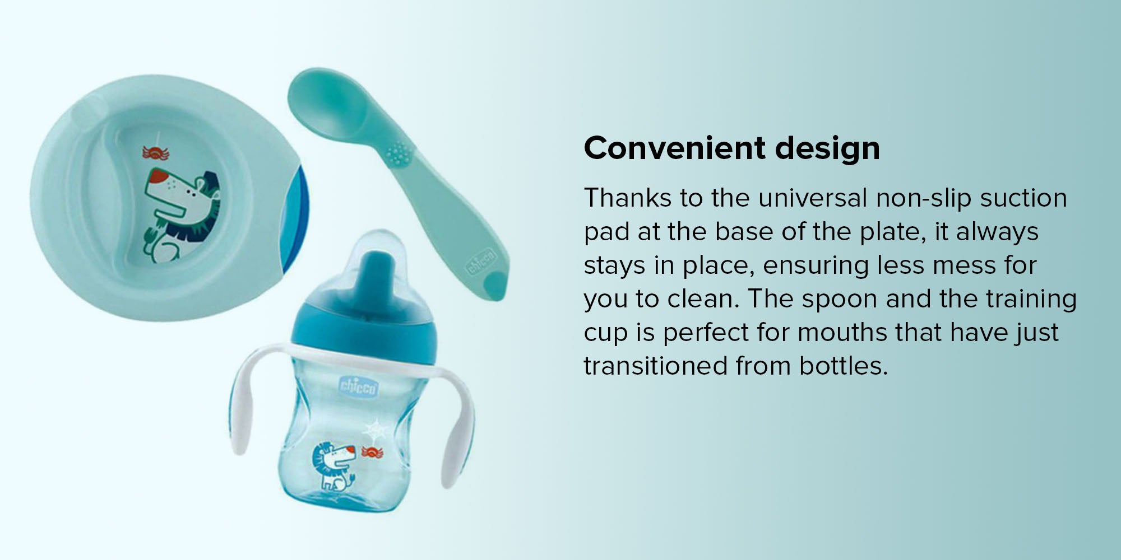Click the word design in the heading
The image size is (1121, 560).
click(827, 148)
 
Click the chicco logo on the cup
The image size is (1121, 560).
click(358, 386)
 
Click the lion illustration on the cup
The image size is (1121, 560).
click(334, 465)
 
